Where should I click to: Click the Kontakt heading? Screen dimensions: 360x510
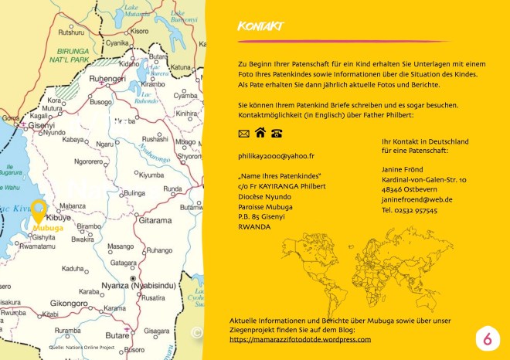click(x=260, y=28)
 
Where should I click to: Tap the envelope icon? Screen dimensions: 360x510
click(x=243, y=133)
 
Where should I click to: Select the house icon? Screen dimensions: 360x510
click(x=260, y=132)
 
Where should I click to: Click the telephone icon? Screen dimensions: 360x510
click(x=276, y=133)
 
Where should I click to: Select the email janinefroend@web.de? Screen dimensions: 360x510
click(x=416, y=199)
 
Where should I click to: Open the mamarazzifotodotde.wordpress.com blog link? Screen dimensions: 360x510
click(x=300, y=339)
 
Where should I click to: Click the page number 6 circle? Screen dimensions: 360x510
click(x=487, y=338)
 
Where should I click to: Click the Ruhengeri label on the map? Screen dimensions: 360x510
click(x=107, y=79)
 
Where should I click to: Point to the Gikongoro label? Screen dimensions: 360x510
click(x=68, y=303)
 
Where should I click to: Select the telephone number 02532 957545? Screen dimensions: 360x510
click(x=410, y=210)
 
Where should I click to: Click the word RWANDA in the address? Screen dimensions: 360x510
click(x=254, y=227)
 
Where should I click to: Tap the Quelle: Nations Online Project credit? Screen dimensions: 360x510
click(x=81, y=347)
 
